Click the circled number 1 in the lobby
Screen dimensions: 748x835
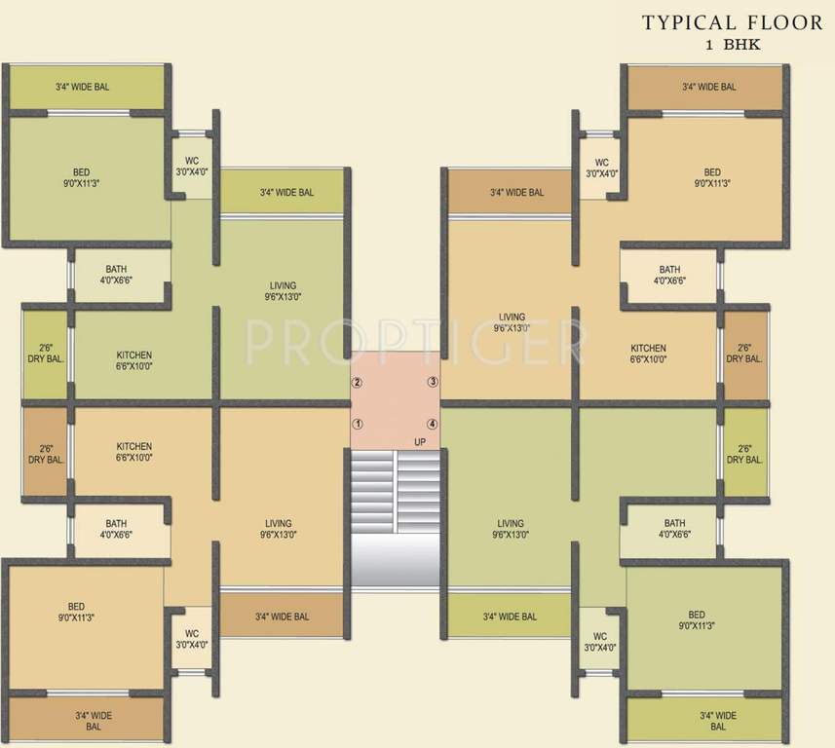pos(358,424)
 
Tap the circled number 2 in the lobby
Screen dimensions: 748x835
pos(358,382)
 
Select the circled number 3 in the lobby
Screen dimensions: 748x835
pos(433,382)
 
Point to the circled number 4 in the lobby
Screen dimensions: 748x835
pos(433,424)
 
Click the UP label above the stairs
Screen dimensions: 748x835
pos(420,442)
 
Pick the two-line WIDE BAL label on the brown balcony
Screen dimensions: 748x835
pos(95,722)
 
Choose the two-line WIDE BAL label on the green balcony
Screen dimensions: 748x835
pos(718,722)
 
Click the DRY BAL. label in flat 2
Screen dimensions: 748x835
pos(46,354)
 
